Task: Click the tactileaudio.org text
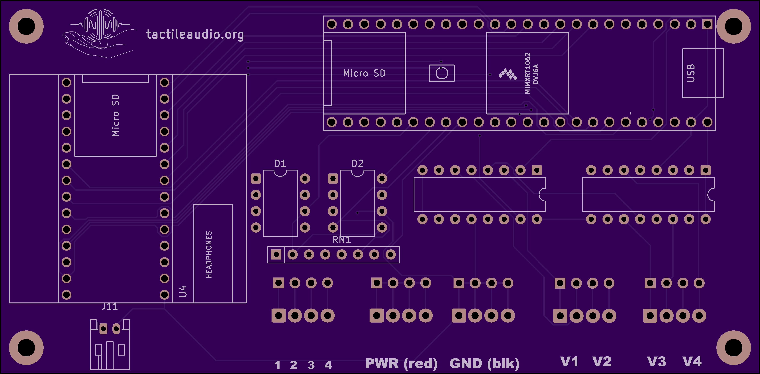coord(195,34)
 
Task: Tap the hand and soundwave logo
coord(100,33)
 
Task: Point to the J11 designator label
coord(109,307)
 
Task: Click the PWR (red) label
coord(401,363)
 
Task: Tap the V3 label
coord(656,362)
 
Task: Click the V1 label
coord(569,362)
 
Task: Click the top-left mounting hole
coord(26,26)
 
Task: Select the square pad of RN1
coord(276,255)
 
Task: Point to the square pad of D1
coord(256,179)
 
